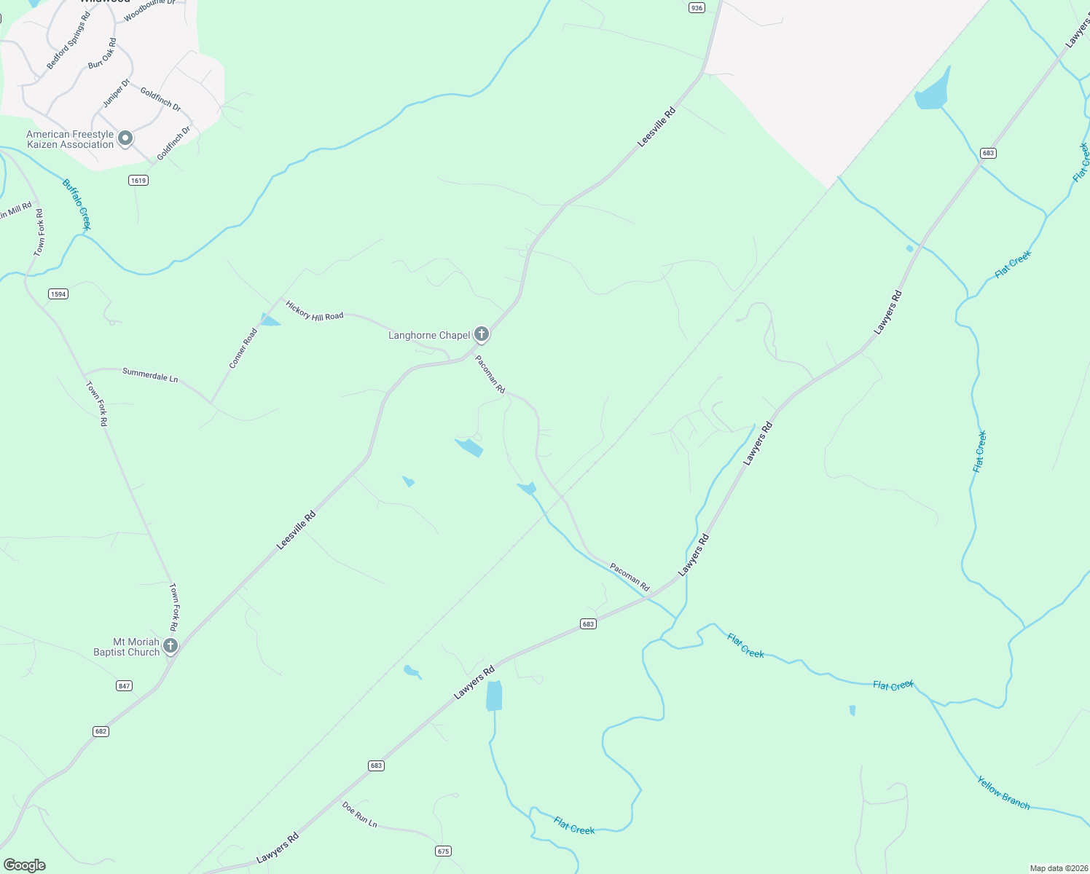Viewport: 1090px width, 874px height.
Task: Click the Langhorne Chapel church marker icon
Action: [x=481, y=334]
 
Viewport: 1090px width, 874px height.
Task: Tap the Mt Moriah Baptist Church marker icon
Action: [x=170, y=645]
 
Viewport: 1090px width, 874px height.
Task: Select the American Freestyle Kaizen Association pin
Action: [x=125, y=138]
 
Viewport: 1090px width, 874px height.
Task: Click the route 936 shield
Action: [x=697, y=7]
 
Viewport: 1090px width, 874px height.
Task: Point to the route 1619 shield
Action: [x=138, y=180]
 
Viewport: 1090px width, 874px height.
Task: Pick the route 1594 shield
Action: [x=58, y=294]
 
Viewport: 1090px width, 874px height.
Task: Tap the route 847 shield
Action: [x=124, y=686]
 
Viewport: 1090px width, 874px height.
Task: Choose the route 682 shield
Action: [x=101, y=731]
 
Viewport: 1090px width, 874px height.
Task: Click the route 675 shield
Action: [x=443, y=851]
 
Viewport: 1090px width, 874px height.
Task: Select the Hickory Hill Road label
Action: [x=314, y=311]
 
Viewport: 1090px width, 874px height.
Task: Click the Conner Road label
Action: [x=243, y=348]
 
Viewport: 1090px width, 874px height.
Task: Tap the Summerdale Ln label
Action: [x=150, y=375]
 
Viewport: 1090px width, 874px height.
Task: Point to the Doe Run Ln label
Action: [x=360, y=814]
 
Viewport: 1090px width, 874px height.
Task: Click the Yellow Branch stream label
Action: [x=1003, y=792]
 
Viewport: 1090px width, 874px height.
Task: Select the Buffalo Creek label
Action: [x=77, y=204]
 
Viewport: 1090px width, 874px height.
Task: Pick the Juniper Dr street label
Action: [x=116, y=93]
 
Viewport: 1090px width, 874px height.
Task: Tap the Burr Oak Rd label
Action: [x=102, y=54]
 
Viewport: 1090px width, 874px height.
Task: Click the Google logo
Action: [x=24, y=865]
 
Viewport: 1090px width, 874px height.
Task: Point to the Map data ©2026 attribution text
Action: [x=1059, y=868]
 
